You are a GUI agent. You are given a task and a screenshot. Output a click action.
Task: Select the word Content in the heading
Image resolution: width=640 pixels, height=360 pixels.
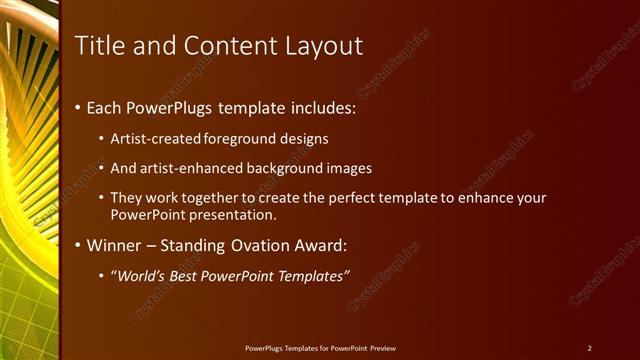(x=220, y=45)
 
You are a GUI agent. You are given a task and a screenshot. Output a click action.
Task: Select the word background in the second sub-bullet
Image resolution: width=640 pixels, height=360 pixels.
(x=288, y=168)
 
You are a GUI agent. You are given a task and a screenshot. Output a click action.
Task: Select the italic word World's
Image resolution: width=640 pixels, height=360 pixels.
(x=141, y=275)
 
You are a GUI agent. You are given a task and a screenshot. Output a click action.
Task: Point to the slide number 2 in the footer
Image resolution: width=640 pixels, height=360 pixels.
(x=589, y=348)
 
